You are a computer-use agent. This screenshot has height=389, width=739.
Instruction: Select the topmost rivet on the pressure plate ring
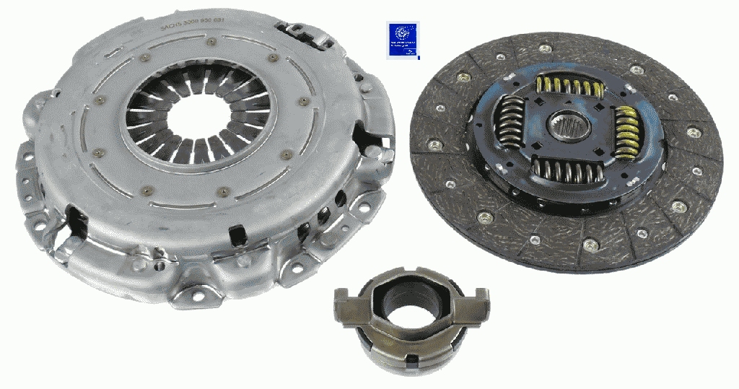[211, 42]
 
